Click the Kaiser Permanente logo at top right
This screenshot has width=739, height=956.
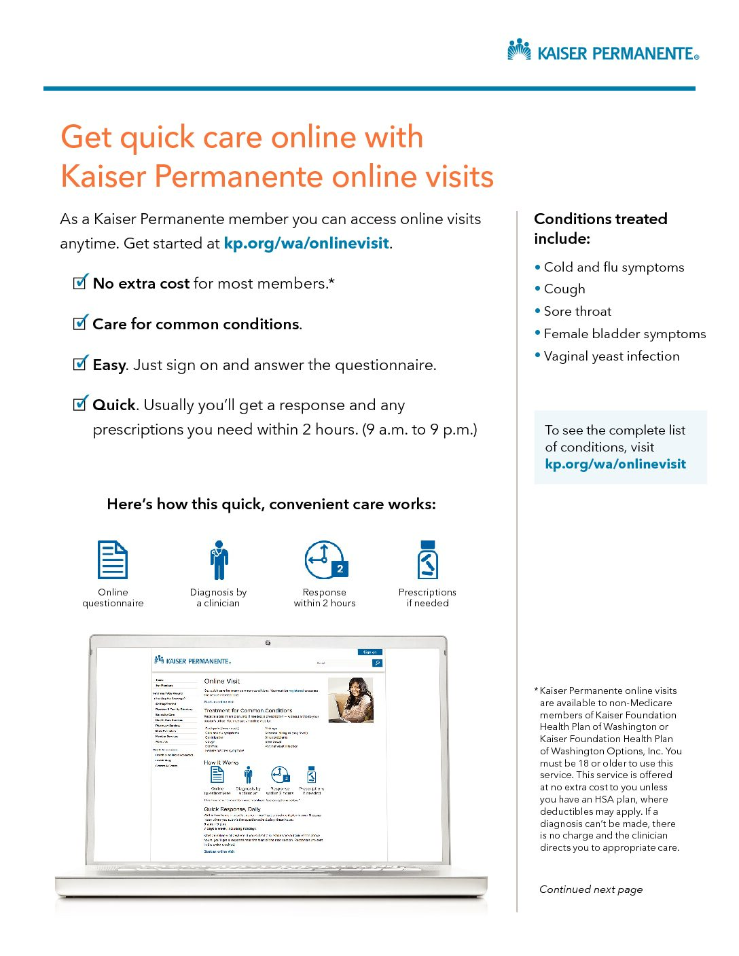pyautogui.click(x=602, y=51)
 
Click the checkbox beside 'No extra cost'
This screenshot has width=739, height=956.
pyautogui.click(x=80, y=282)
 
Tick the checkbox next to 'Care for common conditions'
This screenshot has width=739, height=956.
pyautogui.click(x=80, y=323)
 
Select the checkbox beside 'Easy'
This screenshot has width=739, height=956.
pyautogui.click(x=80, y=363)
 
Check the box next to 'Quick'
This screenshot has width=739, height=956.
pyautogui.click(x=80, y=404)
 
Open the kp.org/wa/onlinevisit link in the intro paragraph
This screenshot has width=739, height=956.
pyautogui.click(x=306, y=243)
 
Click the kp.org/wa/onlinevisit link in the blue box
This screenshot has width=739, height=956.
pyautogui.click(x=615, y=464)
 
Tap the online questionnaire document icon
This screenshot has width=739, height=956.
pyautogui.click(x=113, y=560)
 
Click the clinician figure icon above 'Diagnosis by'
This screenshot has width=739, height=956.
pyautogui.click(x=218, y=560)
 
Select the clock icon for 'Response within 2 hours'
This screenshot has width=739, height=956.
pyautogui.click(x=325, y=560)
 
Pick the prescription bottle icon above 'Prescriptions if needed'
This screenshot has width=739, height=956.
pyautogui.click(x=427, y=560)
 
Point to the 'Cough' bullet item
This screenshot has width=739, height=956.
pyautogui.click(x=564, y=289)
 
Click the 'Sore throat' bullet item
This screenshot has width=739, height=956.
pyautogui.click(x=577, y=312)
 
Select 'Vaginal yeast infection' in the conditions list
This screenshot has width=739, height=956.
pyautogui.click(x=611, y=356)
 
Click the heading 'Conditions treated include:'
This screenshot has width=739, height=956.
pyautogui.click(x=600, y=228)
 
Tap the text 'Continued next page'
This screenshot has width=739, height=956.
pyautogui.click(x=590, y=889)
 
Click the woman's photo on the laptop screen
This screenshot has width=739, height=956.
pyautogui.click(x=350, y=700)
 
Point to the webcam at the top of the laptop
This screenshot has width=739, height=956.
pyautogui.click(x=268, y=643)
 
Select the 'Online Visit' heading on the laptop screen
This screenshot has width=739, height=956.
pyautogui.click(x=222, y=681)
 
